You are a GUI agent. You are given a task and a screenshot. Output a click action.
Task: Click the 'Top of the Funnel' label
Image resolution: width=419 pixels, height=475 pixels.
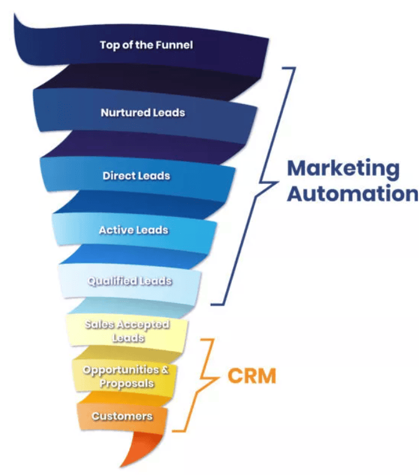147,45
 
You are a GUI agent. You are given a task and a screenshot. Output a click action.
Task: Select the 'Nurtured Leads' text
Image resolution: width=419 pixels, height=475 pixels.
143,113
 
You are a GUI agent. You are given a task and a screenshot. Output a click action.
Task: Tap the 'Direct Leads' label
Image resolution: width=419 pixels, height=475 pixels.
137,176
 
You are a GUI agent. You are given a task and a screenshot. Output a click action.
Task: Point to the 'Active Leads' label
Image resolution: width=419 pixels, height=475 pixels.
133,230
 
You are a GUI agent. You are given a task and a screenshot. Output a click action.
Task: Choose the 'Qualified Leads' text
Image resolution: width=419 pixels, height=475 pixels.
130,281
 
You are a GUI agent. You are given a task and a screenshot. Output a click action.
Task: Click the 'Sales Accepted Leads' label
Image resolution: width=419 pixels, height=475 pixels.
127,331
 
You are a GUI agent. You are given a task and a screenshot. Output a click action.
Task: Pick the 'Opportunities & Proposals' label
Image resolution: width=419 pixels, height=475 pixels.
126,377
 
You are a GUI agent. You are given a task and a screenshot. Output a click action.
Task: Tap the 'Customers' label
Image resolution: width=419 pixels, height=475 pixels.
122,416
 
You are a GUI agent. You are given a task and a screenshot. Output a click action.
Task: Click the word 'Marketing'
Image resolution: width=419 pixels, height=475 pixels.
344,170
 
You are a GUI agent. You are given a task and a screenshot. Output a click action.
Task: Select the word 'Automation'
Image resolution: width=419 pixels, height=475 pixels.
353,193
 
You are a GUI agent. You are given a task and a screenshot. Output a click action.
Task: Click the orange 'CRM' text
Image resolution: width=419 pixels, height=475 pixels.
252,376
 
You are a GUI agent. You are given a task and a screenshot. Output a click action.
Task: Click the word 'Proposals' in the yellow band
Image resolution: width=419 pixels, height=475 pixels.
127,383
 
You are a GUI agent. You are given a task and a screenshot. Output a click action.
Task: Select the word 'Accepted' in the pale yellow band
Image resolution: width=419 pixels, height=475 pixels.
143,325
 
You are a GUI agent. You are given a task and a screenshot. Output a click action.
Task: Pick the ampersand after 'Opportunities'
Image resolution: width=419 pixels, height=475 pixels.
165,370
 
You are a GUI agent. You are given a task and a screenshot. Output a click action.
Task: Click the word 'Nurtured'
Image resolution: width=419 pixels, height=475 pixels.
125,113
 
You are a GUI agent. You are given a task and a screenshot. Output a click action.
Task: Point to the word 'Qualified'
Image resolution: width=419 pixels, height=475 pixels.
112,281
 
